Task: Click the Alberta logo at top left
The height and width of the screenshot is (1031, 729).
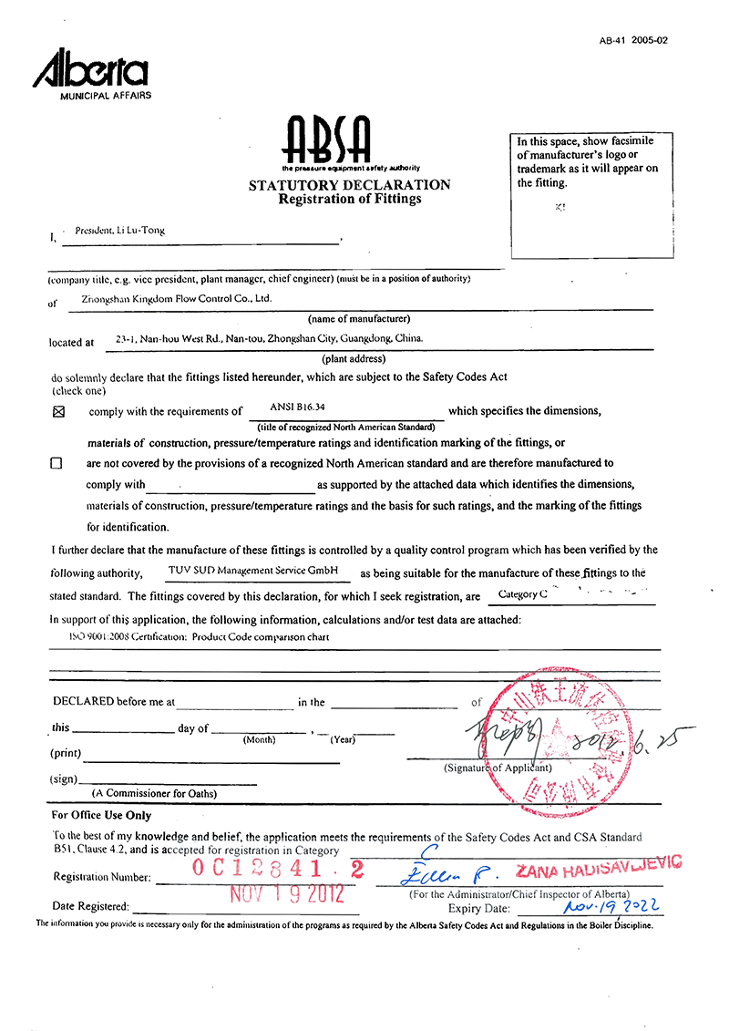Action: click(90, 68)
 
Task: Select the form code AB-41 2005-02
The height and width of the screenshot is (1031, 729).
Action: click(633, 41)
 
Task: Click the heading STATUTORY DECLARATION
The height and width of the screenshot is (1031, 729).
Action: click(350, 185)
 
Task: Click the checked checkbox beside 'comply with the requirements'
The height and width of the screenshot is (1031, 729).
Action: click(59, 412)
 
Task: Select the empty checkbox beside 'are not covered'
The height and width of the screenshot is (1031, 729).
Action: click(56, 463)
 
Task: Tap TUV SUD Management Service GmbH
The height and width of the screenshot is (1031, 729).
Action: click(259, 570)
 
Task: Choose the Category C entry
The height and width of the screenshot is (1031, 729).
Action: click(523, 594)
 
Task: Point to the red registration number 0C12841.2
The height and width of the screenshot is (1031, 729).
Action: click(277, 870)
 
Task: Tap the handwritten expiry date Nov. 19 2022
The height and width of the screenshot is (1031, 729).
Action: click(611, 906)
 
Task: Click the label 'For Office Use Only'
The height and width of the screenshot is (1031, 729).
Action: click(101, 816)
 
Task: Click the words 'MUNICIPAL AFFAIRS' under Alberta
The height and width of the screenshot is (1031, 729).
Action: click(106, 96)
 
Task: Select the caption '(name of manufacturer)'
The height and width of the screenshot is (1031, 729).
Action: click(358, 318)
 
